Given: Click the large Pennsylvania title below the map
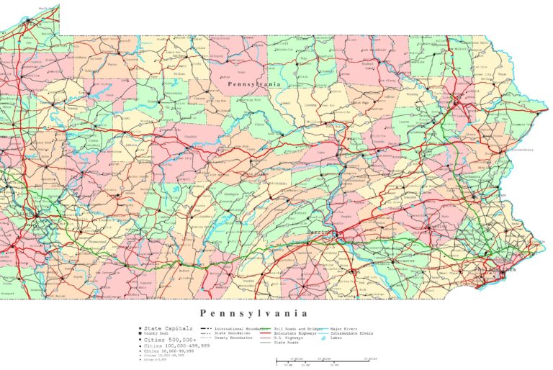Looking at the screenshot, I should tap(254, 313).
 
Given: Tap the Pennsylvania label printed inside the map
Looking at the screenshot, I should tap(253, 84).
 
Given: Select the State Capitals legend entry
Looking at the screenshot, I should tap(162, 328).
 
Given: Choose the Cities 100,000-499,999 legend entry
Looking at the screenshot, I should tap(170, 346).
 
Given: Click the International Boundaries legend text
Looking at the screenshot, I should tap(233, 328).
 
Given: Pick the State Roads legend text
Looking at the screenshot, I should tap(287, 343).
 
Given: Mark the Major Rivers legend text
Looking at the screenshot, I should tap(345, 328).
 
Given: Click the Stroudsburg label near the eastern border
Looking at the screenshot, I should tap(520, 150).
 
